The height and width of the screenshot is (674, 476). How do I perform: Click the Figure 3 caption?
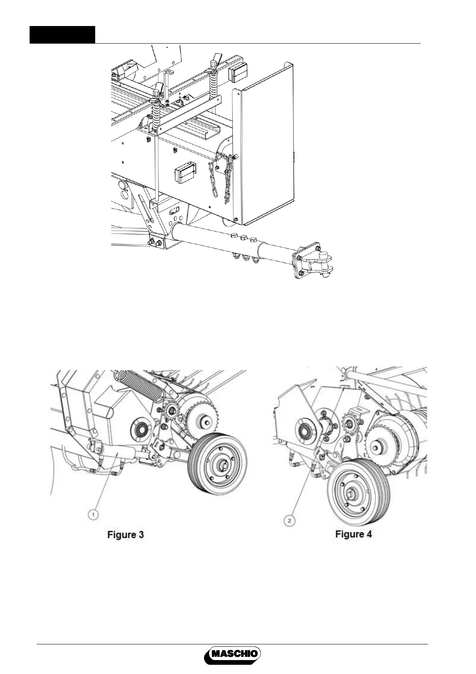click(125, 534)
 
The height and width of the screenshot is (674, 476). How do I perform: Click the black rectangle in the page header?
click(62, 35)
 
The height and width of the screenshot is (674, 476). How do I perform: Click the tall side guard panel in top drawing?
click(266, 144)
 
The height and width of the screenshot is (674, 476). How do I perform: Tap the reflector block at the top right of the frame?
click(237, 75)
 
